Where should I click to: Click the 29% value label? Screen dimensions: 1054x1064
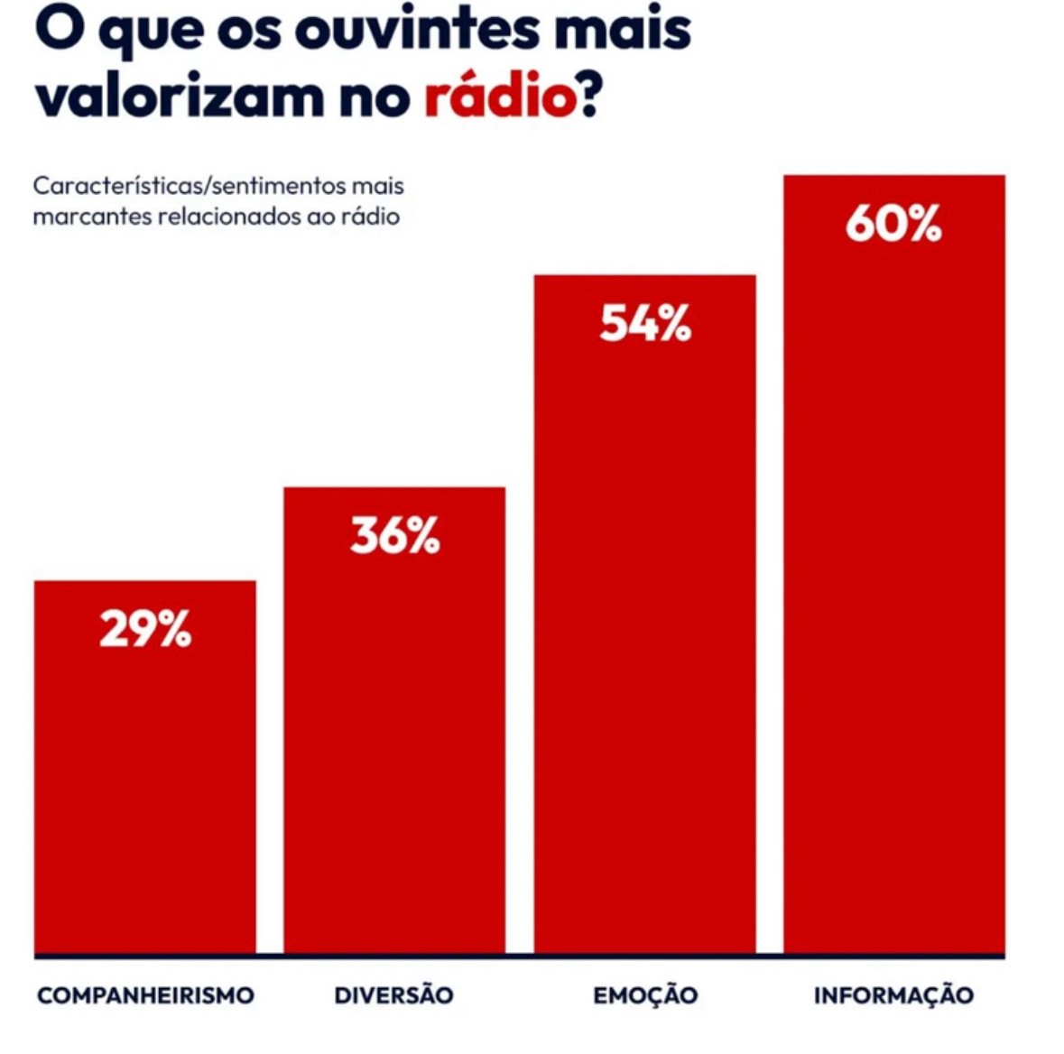(x=145, y=629)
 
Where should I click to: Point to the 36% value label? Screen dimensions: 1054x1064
(x=395, y=536)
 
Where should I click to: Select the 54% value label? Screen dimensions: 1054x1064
(x=644, y=323)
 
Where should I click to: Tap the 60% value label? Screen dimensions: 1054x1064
(x=893, y=224)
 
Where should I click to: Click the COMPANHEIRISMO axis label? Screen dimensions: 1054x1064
(x=145, y=995)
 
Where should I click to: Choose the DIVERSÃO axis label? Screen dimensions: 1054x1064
(x=394, y=995)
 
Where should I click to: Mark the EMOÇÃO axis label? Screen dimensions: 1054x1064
(x=645, y=995)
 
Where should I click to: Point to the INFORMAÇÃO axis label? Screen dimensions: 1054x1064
(x=893, y=995)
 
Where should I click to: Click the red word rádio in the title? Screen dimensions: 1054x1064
(x=500, y=97)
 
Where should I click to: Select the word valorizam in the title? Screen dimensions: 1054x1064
(x=180, y=97)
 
